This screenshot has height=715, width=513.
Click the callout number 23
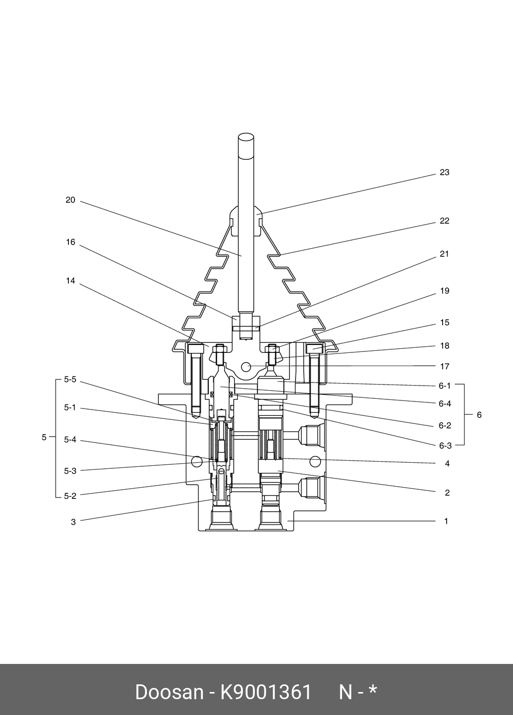click(445, 173)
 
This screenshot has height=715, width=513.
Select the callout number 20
click(70, 200)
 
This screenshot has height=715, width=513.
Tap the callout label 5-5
click(70, 379)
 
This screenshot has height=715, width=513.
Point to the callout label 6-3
click(445, 445)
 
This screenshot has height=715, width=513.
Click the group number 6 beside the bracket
click(479, 415)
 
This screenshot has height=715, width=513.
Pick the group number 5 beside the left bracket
click(44, 437)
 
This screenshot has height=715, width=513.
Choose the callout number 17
click(445, 367)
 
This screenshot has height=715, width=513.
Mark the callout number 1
click(446, 521)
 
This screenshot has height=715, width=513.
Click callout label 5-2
click(70, 496)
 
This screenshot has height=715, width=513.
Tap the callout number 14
click(70, 280)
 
